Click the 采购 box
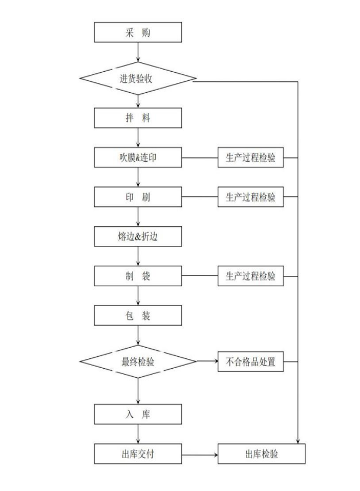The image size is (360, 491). coord(138,32)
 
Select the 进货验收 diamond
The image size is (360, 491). coord(138,78)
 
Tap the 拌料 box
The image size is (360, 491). coord(138,118)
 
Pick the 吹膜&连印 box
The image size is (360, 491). coord(138,157)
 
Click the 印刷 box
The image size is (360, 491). coord(138,197)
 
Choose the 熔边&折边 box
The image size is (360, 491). coord(138,236)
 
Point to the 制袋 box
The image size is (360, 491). coord(138,276)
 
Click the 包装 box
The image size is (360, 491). coord(138,315)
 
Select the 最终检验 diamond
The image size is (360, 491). coord(138,361)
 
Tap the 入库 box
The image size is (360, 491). coord(138,414)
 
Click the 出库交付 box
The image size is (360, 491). coord(138,454)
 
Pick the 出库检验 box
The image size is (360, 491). coord(262,454)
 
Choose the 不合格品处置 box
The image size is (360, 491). coord(250,361)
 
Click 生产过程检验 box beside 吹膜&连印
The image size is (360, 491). coord(250,157)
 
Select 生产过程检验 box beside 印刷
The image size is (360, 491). coord(250,197)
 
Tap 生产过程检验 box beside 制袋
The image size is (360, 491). coord(250,276)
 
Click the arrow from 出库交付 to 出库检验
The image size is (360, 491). coord(200,454)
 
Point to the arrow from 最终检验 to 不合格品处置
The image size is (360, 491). coord(207,361)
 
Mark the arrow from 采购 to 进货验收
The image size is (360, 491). coord(138,52)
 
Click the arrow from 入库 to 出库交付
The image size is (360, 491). coord(138,434)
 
